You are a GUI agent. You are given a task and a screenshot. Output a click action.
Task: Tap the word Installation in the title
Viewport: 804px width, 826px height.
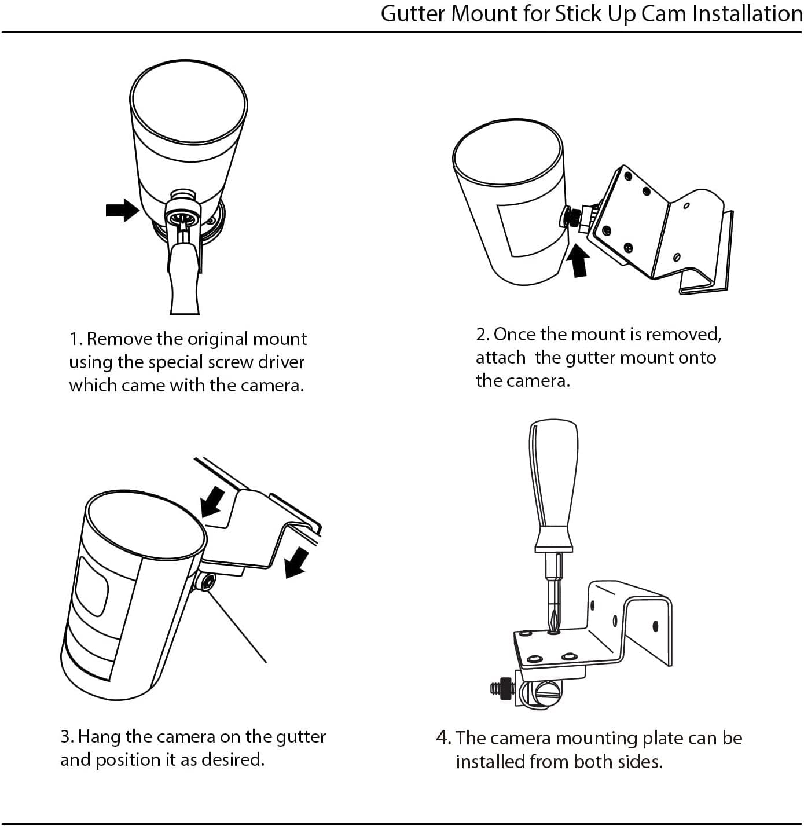pyautogui.click(x=747, y=13)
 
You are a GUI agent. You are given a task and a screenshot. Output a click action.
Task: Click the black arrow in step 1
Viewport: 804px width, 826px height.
pyautogui.click(x=123, y=210)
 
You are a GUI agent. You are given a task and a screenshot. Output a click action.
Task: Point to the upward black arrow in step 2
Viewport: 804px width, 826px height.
pyautogui.click(x=579, y=260)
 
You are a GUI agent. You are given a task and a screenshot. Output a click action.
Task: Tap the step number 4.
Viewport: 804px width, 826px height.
pyautogui.click(x=443, y=738)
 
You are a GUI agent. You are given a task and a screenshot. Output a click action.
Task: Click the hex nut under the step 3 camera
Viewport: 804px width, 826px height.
pyautogui.click(x=207, y=582)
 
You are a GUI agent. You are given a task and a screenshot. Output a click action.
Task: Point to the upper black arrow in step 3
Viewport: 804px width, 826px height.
pyautogui.click(x=212, y=502)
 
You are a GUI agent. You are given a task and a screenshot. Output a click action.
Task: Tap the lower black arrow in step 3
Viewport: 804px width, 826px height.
pyautogui.click(x=296, y=563)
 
